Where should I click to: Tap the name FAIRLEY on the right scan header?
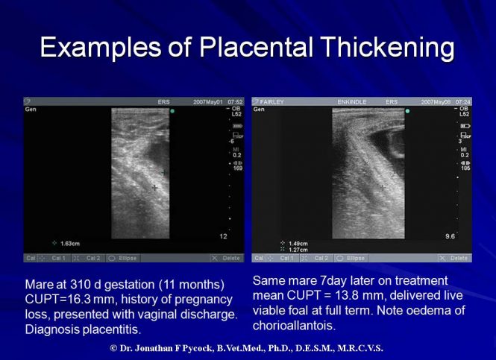pyautogui.click(x=271, y=101)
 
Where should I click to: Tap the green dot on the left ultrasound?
pyautogui.click(x=173, y=111)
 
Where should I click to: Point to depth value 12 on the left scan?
pyautogui.click(x=222, y=236)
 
